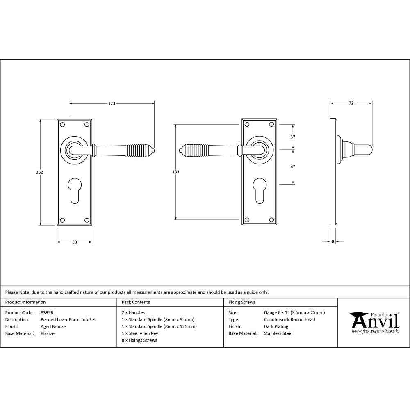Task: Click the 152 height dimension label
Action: click(40, 172)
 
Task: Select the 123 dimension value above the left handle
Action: click(112, 103)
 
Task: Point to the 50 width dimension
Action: click(75, 242)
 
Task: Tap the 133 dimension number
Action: click(175, 172)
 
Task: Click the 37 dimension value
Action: click(293, 137)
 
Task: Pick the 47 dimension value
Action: click(293, 166)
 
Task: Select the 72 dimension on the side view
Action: click(351, 103)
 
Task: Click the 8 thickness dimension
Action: click(333, 242)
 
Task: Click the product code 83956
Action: click(47, 312)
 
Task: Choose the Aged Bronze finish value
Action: click(53, 326)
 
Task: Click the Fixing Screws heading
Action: click(242, 302)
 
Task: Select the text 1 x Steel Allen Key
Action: click(140, 333)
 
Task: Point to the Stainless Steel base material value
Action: click(278, 333)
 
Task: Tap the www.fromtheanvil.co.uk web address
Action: click(375, 330)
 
